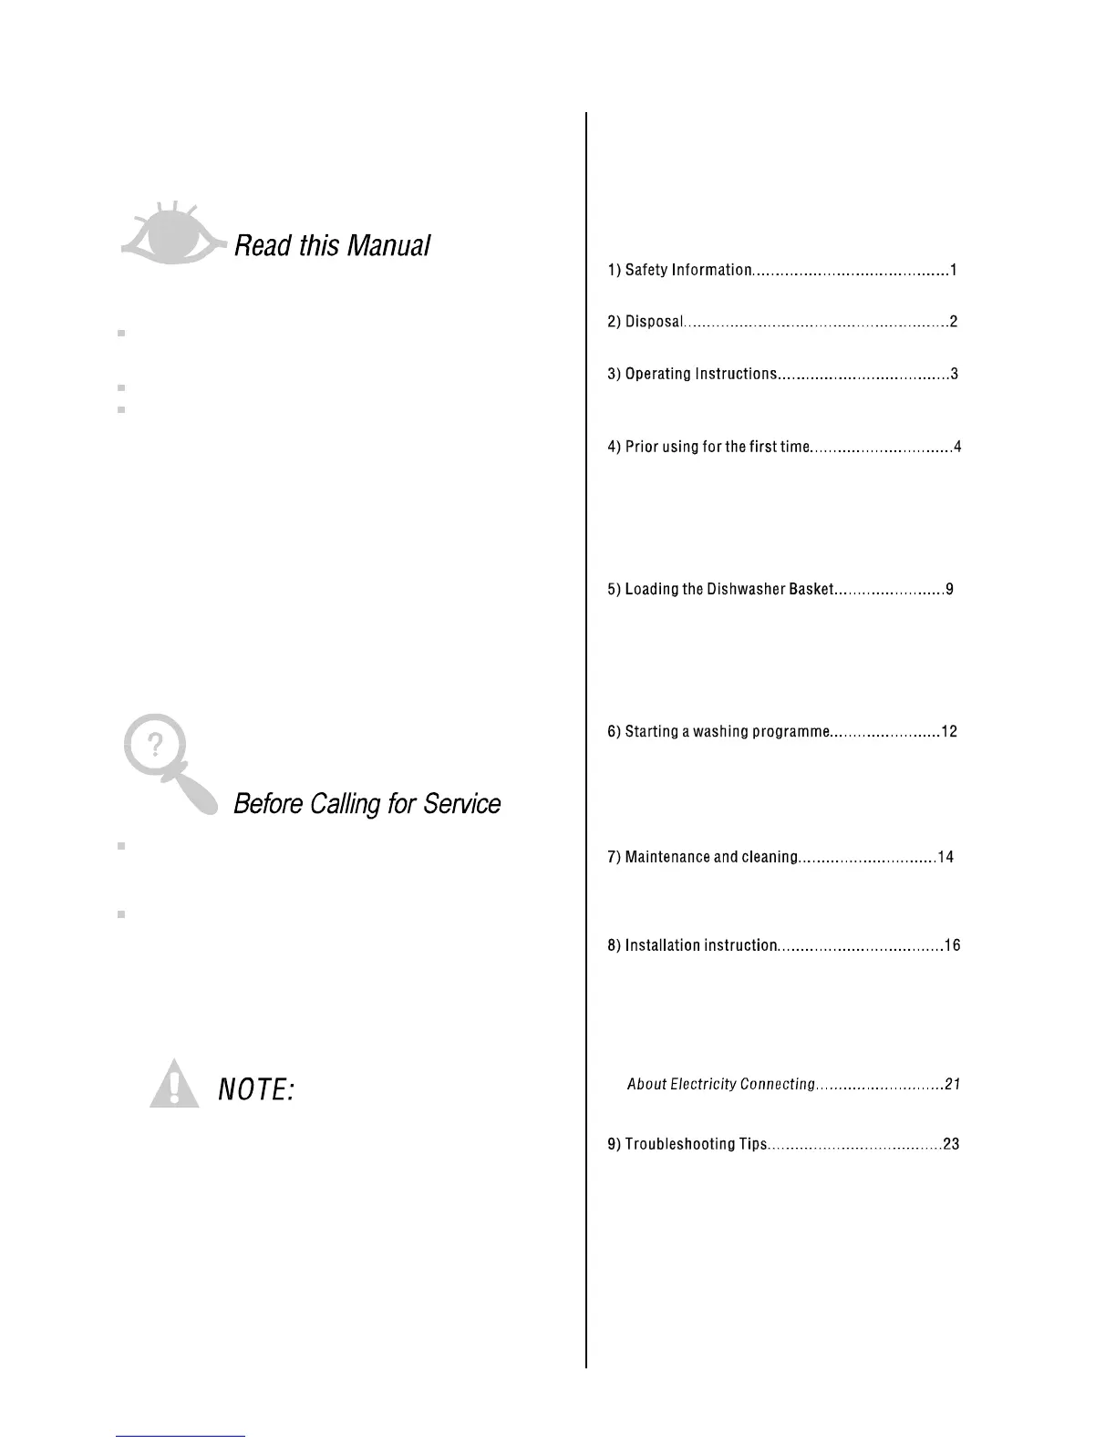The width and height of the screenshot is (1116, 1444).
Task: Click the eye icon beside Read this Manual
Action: click(171, 234)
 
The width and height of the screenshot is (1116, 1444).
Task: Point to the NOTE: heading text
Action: click(255, 1088)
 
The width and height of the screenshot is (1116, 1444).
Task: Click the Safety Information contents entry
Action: click(688, 270)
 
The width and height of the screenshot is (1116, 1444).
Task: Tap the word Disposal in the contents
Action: click(653, 322)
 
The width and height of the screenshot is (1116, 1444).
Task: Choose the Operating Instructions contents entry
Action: click(700, 374)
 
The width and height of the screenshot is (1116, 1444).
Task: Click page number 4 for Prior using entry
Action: click(957, 447)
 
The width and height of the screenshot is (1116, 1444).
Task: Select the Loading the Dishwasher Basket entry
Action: click(729, 589)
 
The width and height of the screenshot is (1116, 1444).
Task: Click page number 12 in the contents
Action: click(949, 731)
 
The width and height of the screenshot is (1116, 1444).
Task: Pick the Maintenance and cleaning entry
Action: click(711, 857)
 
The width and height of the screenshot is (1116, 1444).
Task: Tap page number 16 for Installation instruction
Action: click(952, 945)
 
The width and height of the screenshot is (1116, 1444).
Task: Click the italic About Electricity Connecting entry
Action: click(720, 1084)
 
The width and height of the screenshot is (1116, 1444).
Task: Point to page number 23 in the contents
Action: click(951, 1144)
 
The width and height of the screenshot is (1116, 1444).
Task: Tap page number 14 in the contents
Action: click(945, 857)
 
